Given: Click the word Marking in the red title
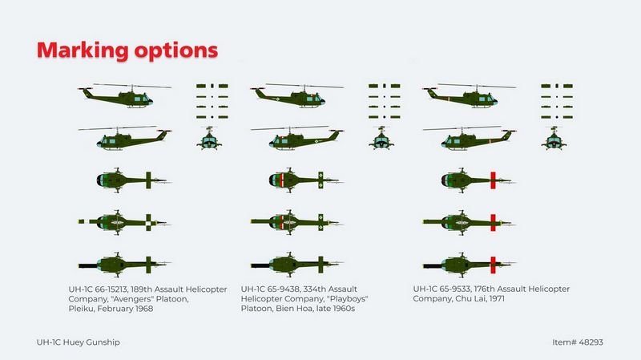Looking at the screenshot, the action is click(83, 51).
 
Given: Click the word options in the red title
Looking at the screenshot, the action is click(176, 51).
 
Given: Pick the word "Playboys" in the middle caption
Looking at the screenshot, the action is click(348, 299).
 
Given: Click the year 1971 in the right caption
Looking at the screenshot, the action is click(496, 298).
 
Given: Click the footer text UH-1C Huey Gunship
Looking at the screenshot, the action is click(78, 342).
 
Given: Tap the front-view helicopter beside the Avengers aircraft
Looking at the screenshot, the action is click(209, 138).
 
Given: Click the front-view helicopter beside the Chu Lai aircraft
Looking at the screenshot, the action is click(554, 138).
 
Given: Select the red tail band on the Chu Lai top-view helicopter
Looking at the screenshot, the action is click(493, 180).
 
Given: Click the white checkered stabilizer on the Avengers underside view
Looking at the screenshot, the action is click(148, 223).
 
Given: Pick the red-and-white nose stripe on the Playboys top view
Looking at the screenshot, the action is click(282, 180).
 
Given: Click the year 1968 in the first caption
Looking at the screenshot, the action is click(144, 309).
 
